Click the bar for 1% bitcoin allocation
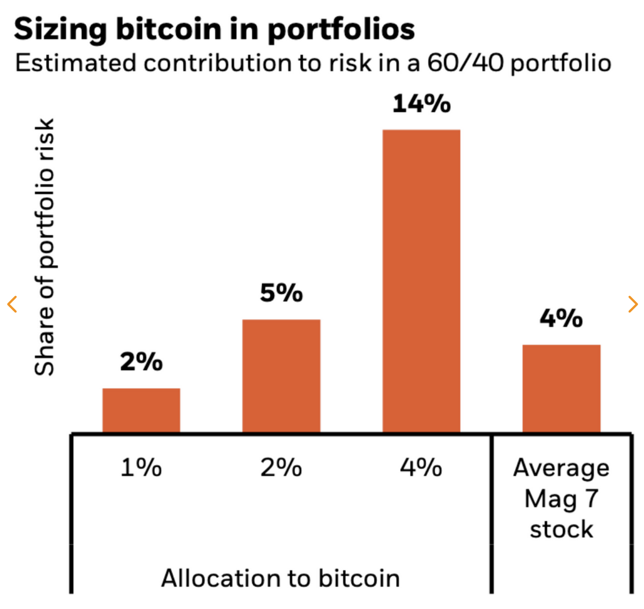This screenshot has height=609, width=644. [141, 410]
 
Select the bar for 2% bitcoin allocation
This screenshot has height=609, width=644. [281, 376]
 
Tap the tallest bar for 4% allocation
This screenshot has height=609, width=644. [421, 281]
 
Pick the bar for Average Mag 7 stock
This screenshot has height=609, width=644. [562, 388]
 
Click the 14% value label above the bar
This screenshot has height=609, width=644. [421, 104]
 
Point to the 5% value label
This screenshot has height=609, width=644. [281, 293]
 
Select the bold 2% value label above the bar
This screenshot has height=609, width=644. [141, 362]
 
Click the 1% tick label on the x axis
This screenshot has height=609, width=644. [141, 468]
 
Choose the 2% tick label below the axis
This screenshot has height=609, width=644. [281, 468]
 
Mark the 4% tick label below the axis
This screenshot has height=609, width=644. [421, 468]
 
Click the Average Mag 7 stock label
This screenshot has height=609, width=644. [561, 498]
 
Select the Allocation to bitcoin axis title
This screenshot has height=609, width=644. [280, 578]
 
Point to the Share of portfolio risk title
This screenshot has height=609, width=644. [45, 247]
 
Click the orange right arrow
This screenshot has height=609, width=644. [633, 304]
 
